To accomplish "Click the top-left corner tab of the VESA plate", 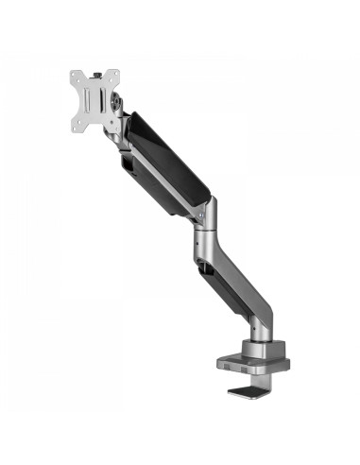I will point(75,73).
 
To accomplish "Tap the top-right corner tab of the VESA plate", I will point(120,73).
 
